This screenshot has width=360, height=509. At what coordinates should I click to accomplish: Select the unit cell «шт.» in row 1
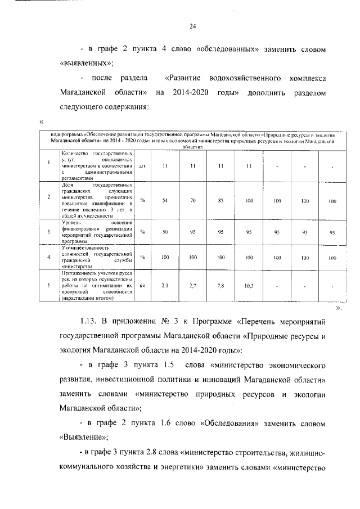point(143,166)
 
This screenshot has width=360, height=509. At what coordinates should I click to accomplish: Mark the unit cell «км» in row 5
point(143,285)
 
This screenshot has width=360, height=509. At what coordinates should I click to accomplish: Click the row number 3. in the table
point(49,231)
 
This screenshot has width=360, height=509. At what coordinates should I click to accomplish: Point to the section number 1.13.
point(90,322)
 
